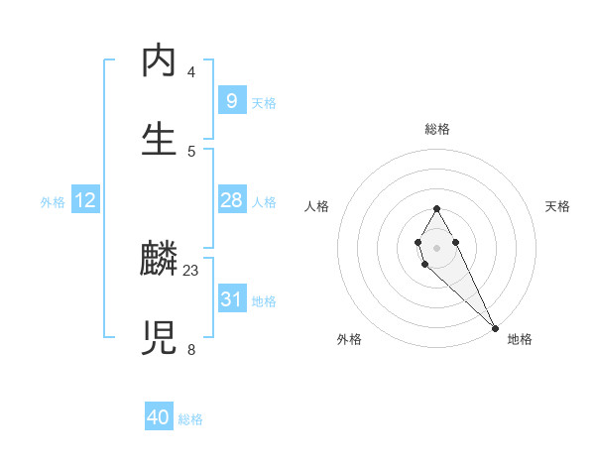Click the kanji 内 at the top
pos(160,62)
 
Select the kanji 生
pos(160,140)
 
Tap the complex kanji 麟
pos(160,261)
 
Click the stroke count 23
pos(191,270)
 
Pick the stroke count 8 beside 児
pos(191,348)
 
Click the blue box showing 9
pos(231,101)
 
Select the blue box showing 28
pos(231,200)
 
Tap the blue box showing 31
pos(231,299)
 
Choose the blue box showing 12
pos(85,200)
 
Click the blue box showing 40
pos(159,417)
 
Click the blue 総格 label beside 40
pos(190,419)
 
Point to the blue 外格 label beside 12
pos(53,202)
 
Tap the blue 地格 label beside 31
pos(264,301)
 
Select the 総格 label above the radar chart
pos(436,129)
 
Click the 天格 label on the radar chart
pos(557,206)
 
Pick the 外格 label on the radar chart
pos(349,339)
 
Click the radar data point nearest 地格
pos(495,327)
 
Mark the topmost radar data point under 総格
pos(436,208)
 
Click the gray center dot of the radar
pos(436,247)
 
